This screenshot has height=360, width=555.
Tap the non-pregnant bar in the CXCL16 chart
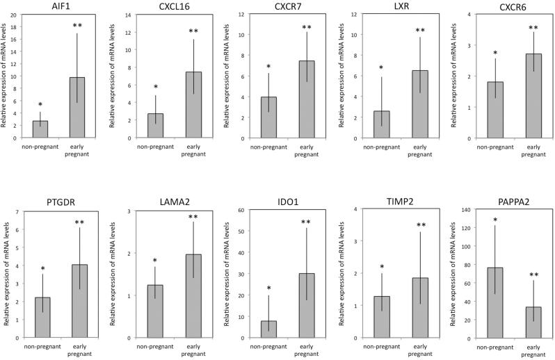click(156, 126)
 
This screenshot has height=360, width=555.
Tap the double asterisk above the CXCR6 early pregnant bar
click(514, 28)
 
